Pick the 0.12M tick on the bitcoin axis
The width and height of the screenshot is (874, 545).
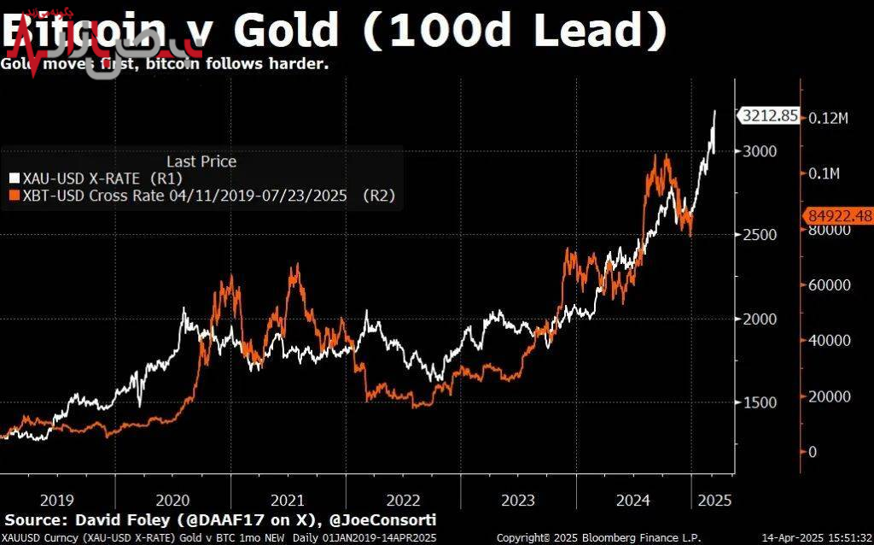(828, 117)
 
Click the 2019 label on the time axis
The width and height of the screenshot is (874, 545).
(57, 500)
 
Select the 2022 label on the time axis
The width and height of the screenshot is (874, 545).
(403, 500)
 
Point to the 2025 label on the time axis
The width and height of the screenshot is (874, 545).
(714, 500)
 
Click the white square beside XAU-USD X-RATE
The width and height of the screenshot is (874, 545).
(13, 179)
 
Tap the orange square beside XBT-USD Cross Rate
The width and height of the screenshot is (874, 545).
(13, 196)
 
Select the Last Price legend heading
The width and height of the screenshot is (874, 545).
(201, 161)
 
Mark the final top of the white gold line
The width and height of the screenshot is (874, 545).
(714, 111)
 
